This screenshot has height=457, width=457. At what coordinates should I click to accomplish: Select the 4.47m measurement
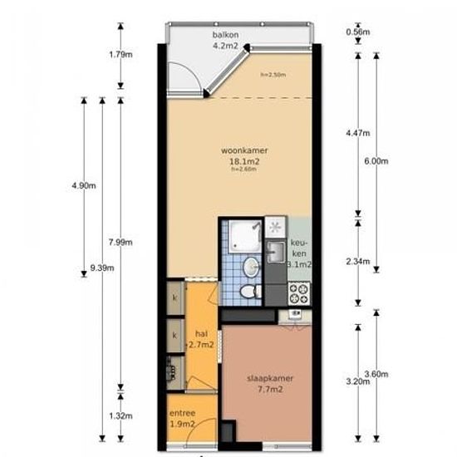[358, 132]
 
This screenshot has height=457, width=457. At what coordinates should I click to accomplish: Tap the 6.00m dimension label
[376, 161]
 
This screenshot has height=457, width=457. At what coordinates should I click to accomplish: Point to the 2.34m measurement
[358, 261]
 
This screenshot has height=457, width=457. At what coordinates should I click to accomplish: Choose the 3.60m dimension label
[376, 374]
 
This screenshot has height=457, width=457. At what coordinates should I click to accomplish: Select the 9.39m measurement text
[101, 268]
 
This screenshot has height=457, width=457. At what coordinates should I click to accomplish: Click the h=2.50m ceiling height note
[273, 75]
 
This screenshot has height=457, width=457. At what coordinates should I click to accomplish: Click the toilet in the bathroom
[248, 291]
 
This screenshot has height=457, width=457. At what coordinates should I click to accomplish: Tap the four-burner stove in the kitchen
[298, 292]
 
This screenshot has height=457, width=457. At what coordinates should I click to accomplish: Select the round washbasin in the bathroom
[249, 266]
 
